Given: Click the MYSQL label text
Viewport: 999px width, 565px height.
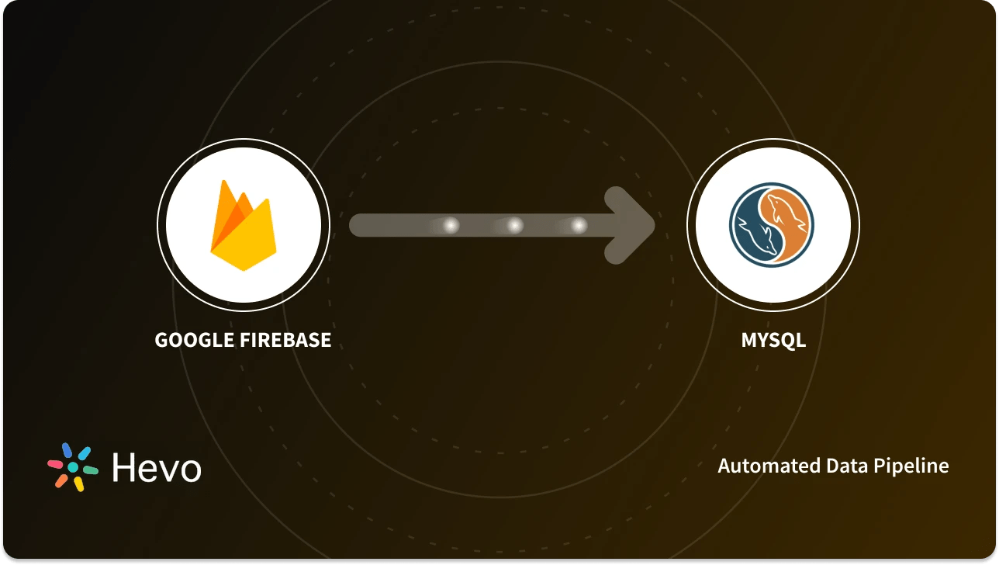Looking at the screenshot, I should [773, 340].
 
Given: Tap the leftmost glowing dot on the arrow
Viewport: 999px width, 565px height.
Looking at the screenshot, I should [449, 226].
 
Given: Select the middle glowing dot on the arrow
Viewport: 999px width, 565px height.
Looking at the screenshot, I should [513, 226].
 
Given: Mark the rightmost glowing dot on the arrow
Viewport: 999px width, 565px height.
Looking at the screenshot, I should [578, 226].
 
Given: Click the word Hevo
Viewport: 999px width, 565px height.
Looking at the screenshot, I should [157, 468].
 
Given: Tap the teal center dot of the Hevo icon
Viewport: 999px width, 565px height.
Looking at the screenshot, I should [73, 467].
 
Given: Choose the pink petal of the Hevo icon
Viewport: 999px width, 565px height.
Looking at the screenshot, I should [55, 464].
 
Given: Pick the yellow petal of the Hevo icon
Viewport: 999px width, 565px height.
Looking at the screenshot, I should [78, 484].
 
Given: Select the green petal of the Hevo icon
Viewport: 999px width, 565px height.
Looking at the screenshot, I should [90, 470].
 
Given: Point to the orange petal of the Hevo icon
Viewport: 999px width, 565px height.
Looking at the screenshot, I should [60, 480].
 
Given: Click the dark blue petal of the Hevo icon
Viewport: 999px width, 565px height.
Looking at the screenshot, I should [67, 450].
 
